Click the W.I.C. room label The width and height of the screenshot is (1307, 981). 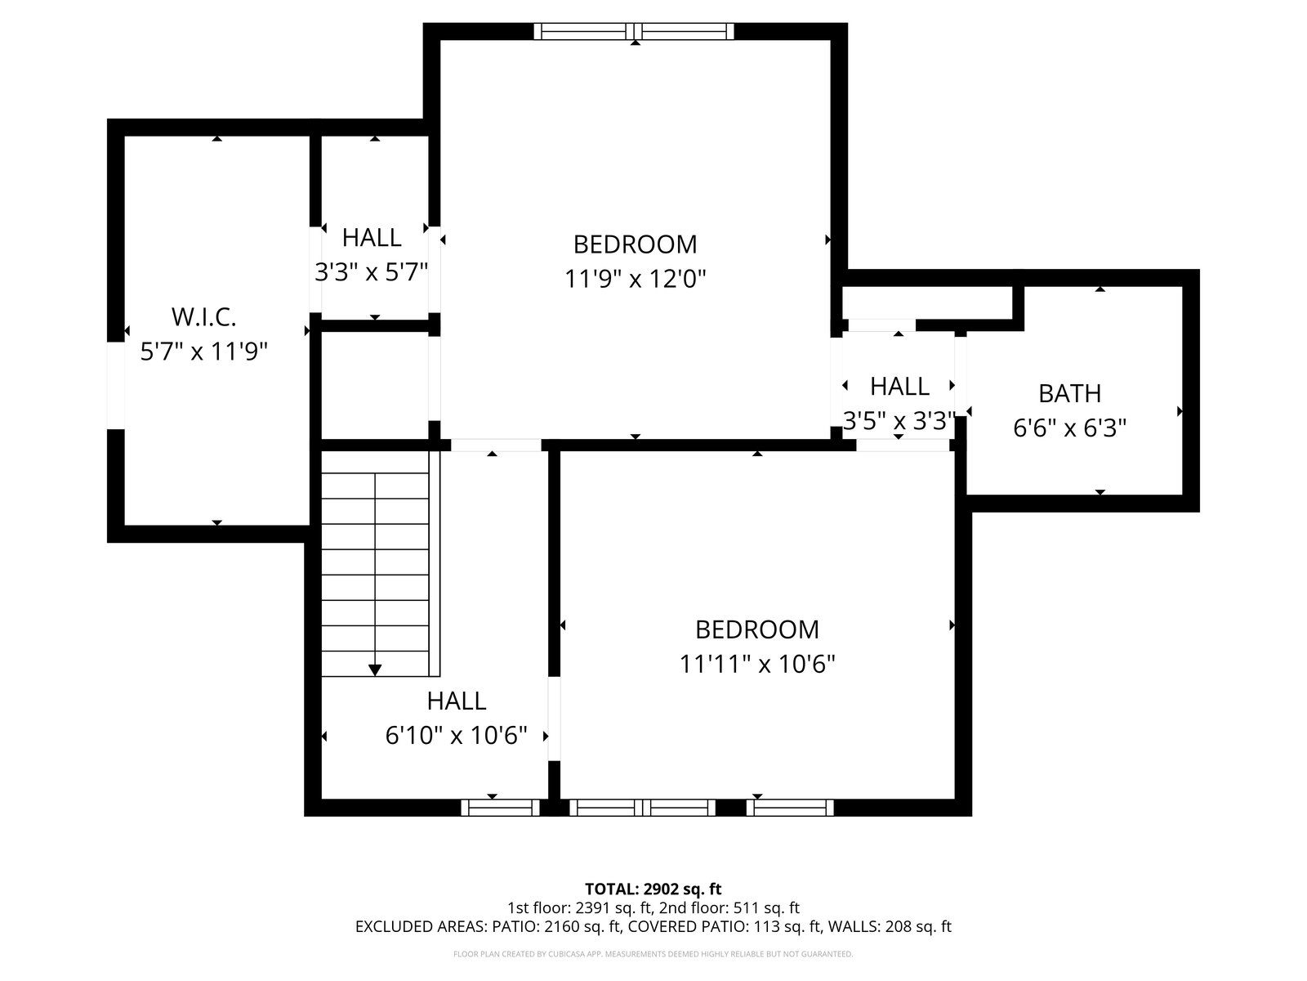pyautogui.click(x=203, y=317)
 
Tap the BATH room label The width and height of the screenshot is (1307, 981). pyautogui.click(x=1069, y=393)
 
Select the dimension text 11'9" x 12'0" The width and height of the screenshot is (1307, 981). pyautogui.click(x=635, y=279)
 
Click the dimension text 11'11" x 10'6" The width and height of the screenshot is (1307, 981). pyautogui.click(x=756, y=664)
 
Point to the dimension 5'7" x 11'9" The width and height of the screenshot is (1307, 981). pyautogui.click(x=203, y=352)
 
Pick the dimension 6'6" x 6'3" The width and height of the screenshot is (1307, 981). pyautogui.click(x=1069, y=428)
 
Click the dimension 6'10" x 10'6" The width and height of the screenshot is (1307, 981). pyautogui.click(x=456, y=736)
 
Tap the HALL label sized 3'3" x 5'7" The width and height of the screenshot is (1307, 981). pyautogui.click(x=372, y=238)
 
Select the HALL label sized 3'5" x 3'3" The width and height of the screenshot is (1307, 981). pyautogui.click(x=899, y=387)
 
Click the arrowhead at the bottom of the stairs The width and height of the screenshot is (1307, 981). pyautogui.click(x=374, y=670)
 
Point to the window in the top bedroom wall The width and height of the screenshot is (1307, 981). pyautogui.click(x=634, y=31)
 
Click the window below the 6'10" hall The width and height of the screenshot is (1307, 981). pyautogui.click(x=500, y=808)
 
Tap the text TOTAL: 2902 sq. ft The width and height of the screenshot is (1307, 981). pyautogui.click(x=653, y=889)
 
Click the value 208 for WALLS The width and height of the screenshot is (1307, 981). pyautogui.click(x=898, y=927)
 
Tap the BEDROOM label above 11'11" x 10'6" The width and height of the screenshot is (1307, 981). pyautogui.click(x=756, y=629)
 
